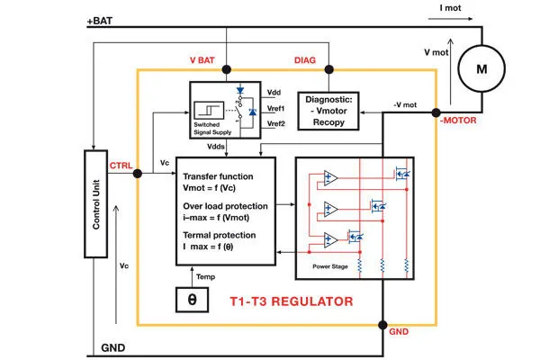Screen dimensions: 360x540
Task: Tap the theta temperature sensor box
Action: (192, 299)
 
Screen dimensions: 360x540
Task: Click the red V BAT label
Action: (204, 60)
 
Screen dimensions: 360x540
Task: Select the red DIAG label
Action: (308, 60)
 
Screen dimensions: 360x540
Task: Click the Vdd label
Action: (275, 93)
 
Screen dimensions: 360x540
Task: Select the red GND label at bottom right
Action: (399, 332)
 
